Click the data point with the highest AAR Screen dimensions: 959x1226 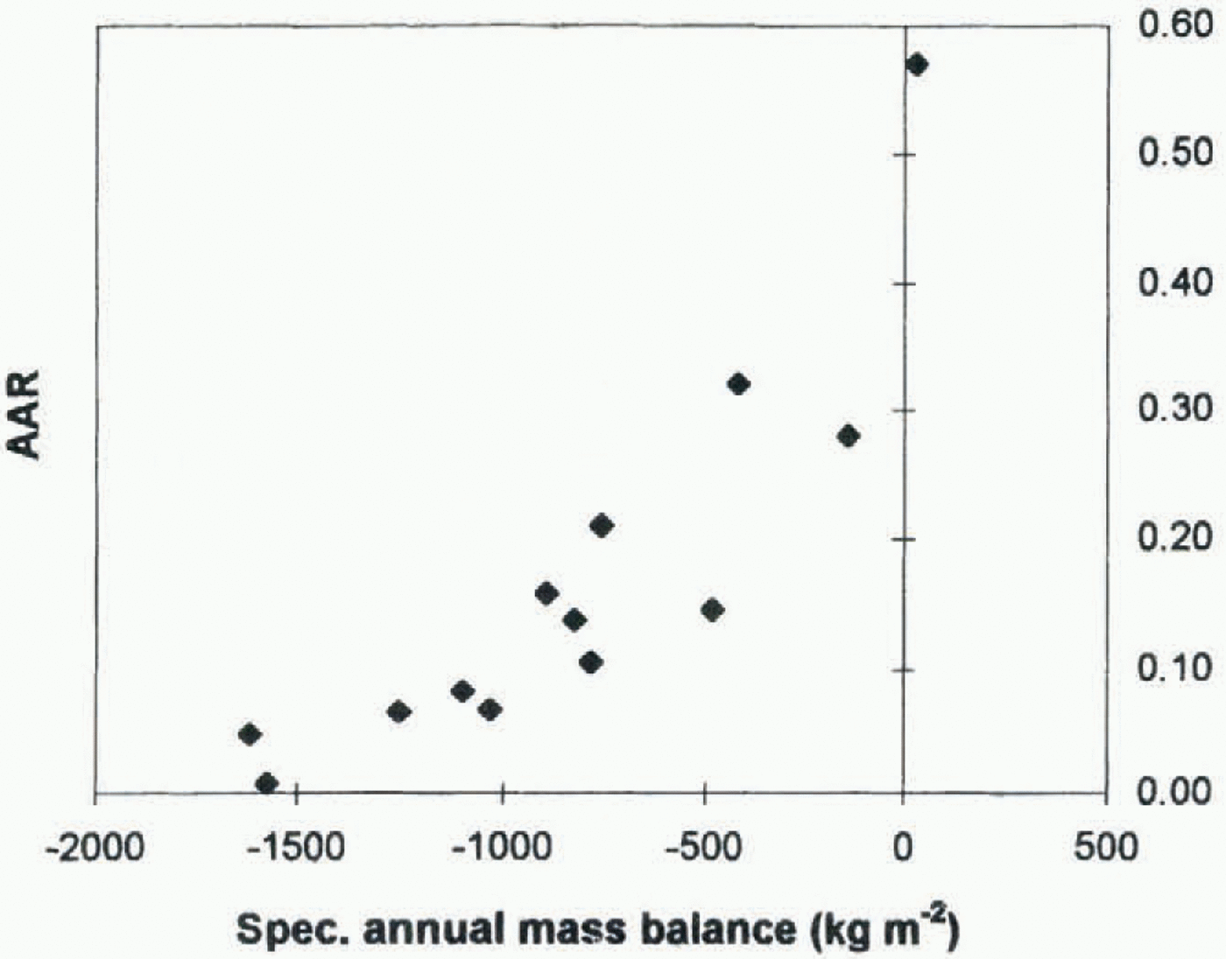click(917, 65)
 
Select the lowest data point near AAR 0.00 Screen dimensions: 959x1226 click(267, 783)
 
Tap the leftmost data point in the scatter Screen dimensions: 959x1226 click(250, 734)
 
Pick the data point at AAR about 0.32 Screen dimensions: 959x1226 click(738, 384)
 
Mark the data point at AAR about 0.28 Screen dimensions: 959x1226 click(848, 436)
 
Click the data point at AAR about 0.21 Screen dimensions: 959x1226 click(602, 526)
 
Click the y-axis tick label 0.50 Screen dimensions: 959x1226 click(1176, 152)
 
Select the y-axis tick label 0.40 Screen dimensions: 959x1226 click(1176, 282)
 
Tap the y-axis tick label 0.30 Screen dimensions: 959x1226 click(1176, 409)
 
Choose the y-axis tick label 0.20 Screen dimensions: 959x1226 click(1176, 536)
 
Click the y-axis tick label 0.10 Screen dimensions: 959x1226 click(1176, 667)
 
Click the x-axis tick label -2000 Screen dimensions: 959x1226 click(95, 848)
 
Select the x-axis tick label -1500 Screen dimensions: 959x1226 click(297, 848)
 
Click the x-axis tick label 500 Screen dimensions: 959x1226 click(1105, 848)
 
